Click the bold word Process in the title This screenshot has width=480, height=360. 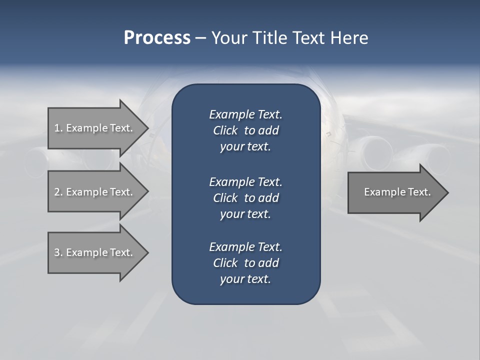click(x=156, y=38)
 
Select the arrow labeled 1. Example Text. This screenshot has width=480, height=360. click(x=93, y=128)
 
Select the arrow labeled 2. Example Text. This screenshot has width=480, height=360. click(x=93, y=192)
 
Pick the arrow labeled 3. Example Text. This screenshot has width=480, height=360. click(x=93, y=252)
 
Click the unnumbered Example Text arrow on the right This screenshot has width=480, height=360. click(x=397, y=192)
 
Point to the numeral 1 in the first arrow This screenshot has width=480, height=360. click(x=56, y=128)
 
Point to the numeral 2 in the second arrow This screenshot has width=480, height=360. click(x=57, y=192)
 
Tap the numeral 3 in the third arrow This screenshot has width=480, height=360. click(x=57, y=252)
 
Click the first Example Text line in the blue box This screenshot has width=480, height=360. click(x=245, y=114)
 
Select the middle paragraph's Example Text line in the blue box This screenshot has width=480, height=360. click(x=245, y=181)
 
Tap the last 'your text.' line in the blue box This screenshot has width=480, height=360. click(x=245, y=279)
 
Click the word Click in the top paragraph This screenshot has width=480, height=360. click(x=225, y=130)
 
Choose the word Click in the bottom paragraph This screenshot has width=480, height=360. click(x=225, y=263)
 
